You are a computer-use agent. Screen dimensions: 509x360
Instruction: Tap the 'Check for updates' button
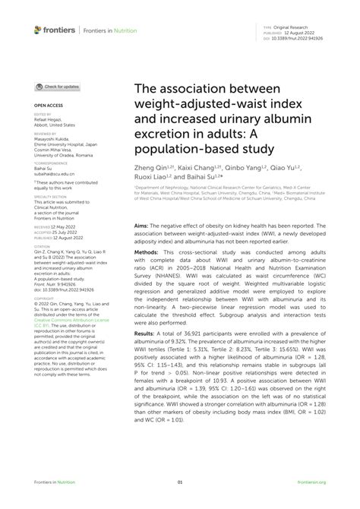click(x=58, y=87)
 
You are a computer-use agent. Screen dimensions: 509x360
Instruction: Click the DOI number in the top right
click(x=303, y=36)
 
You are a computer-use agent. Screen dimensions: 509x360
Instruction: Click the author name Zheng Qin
click(x=150, y=166)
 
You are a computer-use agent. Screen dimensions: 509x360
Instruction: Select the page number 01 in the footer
click(x=180, y=482)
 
